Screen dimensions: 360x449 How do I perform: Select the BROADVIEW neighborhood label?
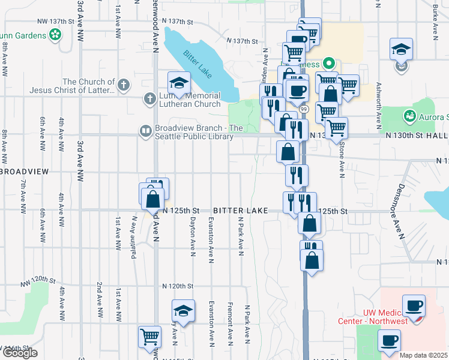[25, 171]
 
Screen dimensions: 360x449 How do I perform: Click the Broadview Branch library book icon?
[146, 131]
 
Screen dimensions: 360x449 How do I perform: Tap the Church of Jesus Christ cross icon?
[124, 85]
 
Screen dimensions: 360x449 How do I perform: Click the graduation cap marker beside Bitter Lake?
[179, 83]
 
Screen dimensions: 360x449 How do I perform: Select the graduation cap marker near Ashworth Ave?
[402, 49]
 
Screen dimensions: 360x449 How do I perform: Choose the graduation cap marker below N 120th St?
[183, 311]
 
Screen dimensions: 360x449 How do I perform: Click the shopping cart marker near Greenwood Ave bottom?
[149, 336]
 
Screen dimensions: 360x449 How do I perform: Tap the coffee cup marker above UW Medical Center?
[414, 305]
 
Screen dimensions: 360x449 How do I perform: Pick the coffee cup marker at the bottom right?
[389, 341]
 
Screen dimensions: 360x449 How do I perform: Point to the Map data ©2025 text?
[423, 355]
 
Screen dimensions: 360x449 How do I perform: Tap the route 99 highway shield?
[304, 109]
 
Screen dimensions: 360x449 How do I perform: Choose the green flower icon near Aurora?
[410, 114]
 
